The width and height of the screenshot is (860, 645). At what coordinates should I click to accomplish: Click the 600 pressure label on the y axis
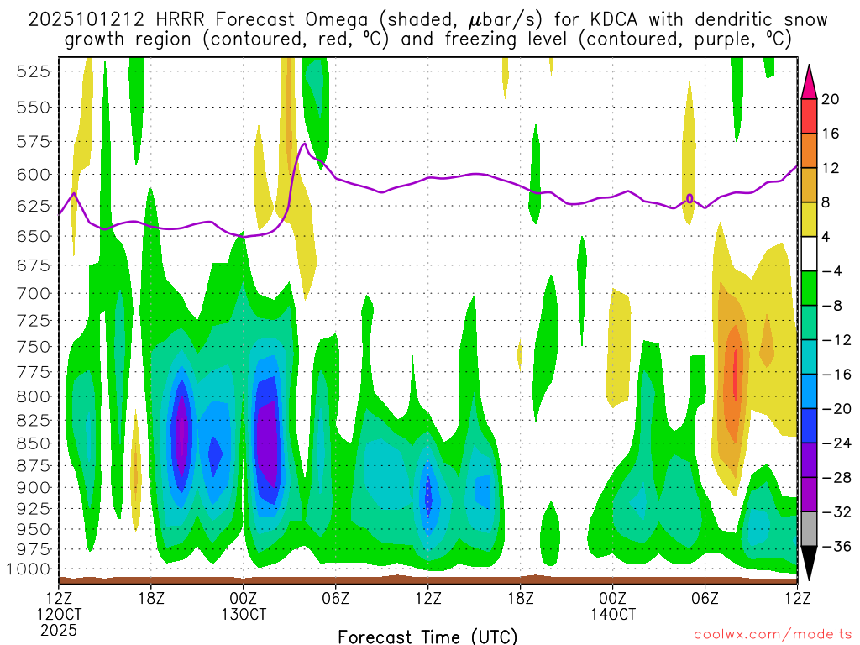[x=33, y=175]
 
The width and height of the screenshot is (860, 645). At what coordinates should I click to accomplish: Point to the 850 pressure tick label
[x=33, y=443]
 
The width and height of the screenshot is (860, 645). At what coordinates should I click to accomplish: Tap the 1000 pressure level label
[x=29, y=569]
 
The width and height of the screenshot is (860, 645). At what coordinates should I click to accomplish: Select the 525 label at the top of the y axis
[x=33, y=71]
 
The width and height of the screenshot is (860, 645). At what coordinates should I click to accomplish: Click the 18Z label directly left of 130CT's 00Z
[x=151, y=599]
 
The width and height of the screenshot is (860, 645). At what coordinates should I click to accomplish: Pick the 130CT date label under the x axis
[x=244, y=614]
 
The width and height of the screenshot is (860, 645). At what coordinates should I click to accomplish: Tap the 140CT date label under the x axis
[x=613, y=614]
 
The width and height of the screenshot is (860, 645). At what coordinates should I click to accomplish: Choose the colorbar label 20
[x=830, y=99]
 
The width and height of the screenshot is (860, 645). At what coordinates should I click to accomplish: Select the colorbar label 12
[x=830, y=168]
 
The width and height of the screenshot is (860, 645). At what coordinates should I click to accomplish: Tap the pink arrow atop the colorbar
[x=808, y=81]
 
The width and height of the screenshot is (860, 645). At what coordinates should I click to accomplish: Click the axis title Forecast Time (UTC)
[x=427, y=636]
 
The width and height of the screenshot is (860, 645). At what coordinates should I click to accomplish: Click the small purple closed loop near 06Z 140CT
[x=690, y=198]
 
